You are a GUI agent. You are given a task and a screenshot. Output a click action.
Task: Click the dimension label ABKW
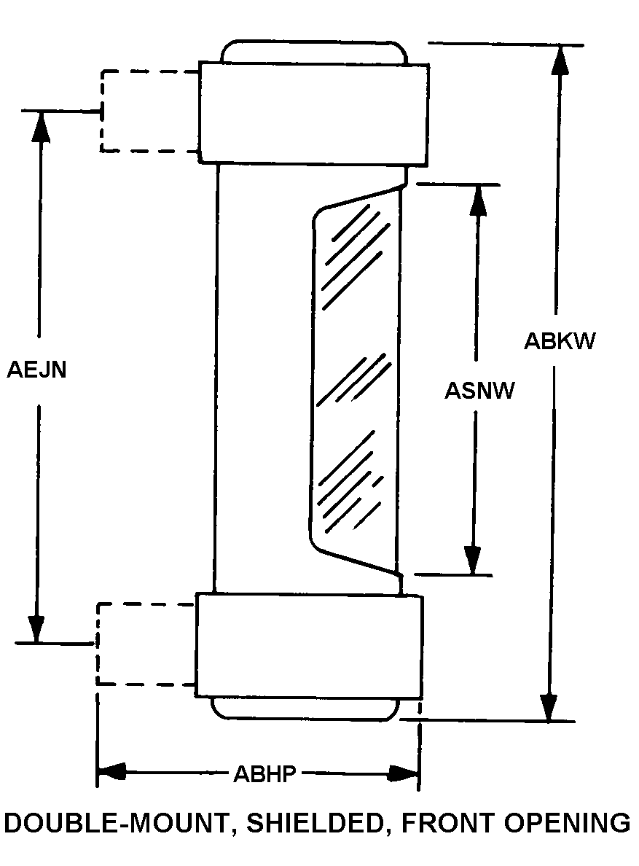click(560, 340)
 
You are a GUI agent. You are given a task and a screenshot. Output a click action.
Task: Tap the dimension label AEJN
click(36, 370)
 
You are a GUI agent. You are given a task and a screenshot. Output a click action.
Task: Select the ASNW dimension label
click(479, 391)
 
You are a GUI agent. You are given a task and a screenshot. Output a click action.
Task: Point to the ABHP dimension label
click(265, 773)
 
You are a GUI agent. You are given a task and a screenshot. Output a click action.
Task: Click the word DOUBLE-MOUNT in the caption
click(115, 824)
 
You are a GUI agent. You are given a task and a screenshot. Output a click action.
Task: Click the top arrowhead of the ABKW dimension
click(560, 59)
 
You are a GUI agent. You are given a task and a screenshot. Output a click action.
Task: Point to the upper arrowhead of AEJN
click(40, 125)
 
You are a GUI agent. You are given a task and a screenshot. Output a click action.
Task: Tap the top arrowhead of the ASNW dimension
click(479, 200)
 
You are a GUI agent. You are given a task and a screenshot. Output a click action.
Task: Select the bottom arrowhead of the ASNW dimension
click(472, 561)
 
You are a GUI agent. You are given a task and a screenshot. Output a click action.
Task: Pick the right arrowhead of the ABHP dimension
click(404, 773)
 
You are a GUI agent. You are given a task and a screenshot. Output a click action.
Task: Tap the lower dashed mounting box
click(146, 644)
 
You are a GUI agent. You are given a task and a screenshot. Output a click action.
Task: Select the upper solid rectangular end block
click(314, 113)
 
